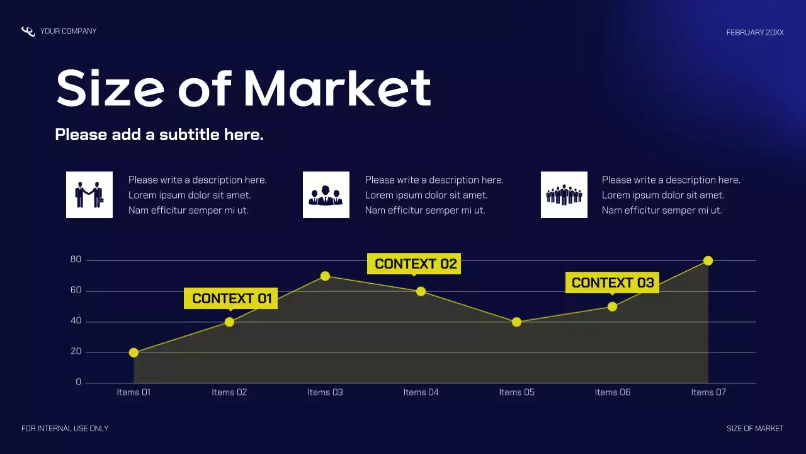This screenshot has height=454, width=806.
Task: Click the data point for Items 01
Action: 133,352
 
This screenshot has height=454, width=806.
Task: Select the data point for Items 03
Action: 325,276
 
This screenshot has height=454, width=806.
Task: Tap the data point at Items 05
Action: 516,322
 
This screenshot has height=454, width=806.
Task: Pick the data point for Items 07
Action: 708,261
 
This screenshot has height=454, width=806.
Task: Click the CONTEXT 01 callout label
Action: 230,298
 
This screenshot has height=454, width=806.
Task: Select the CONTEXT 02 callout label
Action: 414,264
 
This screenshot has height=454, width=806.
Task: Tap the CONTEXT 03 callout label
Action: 612,282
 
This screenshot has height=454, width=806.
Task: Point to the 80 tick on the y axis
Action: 76,260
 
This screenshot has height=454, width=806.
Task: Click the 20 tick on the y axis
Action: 76,352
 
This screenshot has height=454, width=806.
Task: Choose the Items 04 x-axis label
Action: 421,392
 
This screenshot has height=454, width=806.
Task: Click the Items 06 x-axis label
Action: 612,392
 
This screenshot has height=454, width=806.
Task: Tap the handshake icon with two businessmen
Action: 89,195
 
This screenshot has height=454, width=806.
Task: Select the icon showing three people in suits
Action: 326,195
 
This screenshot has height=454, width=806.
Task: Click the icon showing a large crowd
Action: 564,195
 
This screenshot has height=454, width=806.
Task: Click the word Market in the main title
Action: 337,88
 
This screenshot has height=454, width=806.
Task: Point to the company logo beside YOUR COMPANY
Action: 28,32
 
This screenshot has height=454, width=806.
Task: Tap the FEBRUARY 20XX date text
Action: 755,32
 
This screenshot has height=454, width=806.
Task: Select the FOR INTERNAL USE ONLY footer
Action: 65,429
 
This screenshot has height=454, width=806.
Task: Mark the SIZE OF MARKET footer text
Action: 755,429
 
